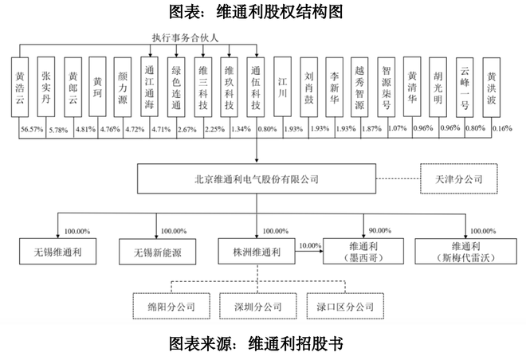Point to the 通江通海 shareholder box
151,88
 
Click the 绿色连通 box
178,88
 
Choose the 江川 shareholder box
282,88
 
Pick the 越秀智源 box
359,88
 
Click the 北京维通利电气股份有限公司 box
255,179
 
